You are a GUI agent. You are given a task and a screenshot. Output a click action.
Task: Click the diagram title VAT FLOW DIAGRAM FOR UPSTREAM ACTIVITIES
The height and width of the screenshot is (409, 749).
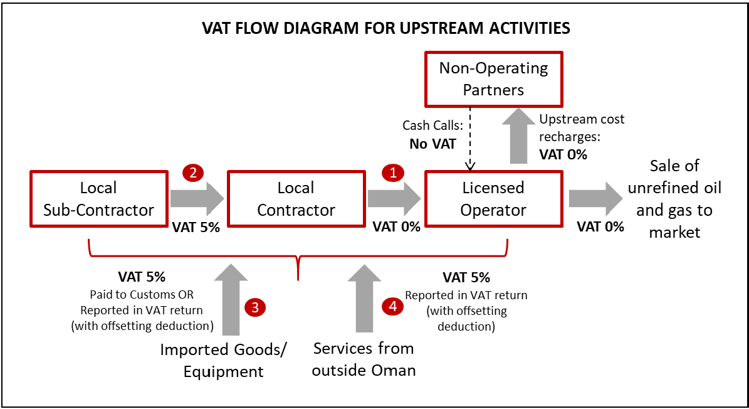[385, 28]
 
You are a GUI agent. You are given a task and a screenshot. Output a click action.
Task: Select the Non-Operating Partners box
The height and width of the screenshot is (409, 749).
[493, 78]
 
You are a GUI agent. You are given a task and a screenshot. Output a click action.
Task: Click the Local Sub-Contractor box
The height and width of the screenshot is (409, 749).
[98, 198]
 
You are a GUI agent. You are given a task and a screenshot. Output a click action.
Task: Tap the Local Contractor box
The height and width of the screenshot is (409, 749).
[296, 198]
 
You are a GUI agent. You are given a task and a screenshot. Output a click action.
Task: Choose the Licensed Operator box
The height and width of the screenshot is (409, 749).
[493, 198]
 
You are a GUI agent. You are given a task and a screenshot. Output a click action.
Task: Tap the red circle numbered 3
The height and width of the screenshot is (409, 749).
[255, 307]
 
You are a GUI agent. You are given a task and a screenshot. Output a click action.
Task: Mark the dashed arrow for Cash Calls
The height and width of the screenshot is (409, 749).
[468, 138]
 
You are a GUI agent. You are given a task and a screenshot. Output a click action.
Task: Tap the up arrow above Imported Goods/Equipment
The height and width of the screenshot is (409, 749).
[231, 300]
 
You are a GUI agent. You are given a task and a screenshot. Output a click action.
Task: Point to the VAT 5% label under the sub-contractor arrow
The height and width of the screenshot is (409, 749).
[196, 227]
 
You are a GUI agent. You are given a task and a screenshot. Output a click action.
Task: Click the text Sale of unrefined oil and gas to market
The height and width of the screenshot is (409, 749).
[674, 198]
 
